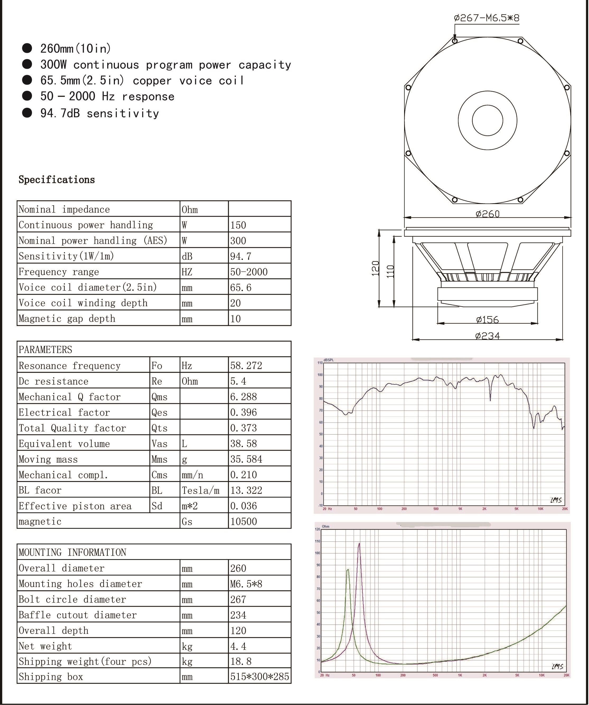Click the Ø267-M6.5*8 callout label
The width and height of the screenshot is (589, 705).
coord(486,17)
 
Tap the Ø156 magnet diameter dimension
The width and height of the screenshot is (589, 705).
coord(487,319)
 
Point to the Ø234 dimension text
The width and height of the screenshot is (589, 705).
coord(487,335)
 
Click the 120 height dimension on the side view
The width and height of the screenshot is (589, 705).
coord(376,268)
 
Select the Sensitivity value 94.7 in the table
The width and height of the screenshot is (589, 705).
coord(241,256)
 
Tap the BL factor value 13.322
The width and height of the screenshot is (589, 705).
coord(246,490)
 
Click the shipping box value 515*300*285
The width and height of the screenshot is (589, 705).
coord(260,676)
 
